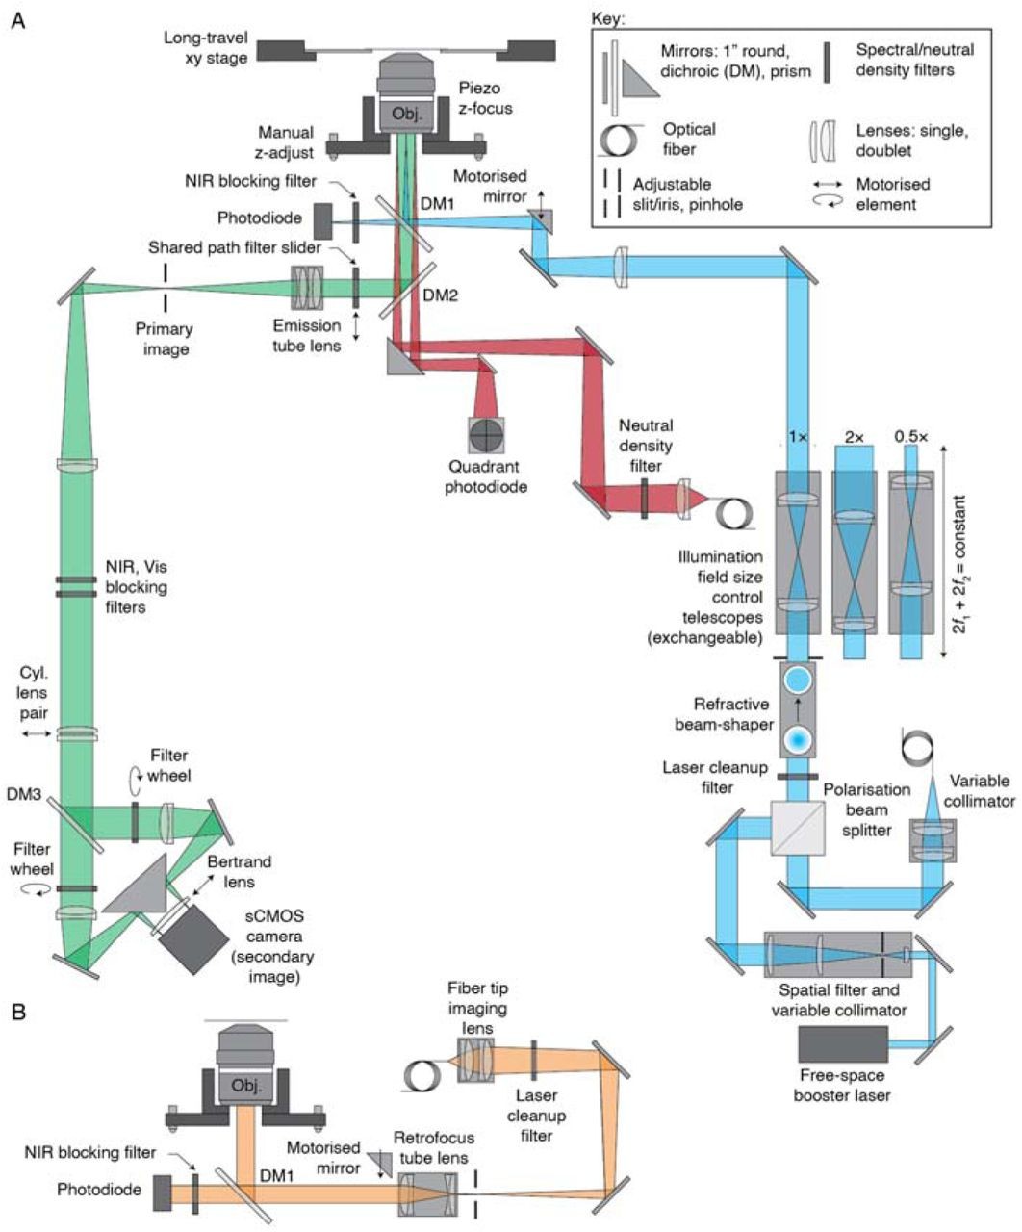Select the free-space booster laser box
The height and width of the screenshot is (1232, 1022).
(842, 1045)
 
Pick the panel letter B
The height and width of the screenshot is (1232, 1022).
(16, 1013)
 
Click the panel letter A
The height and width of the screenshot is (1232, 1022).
(16, 21)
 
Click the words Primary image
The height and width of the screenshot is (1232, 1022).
(166, 339)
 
